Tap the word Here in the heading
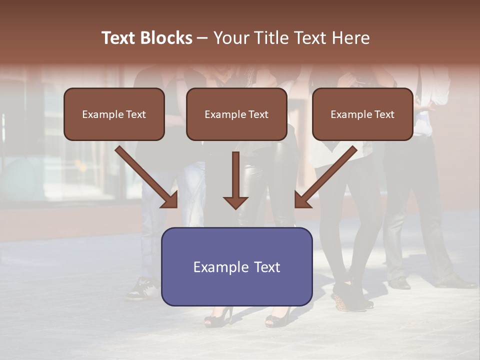point(349,38)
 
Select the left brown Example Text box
point(114,114)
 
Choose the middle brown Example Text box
point(236,114)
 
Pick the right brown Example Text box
point(362,114)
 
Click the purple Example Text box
point(236,266)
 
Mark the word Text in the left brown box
point(136,114)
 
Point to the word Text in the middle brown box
point(258,114)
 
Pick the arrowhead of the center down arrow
point(235,201)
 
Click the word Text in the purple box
point(267,267)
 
